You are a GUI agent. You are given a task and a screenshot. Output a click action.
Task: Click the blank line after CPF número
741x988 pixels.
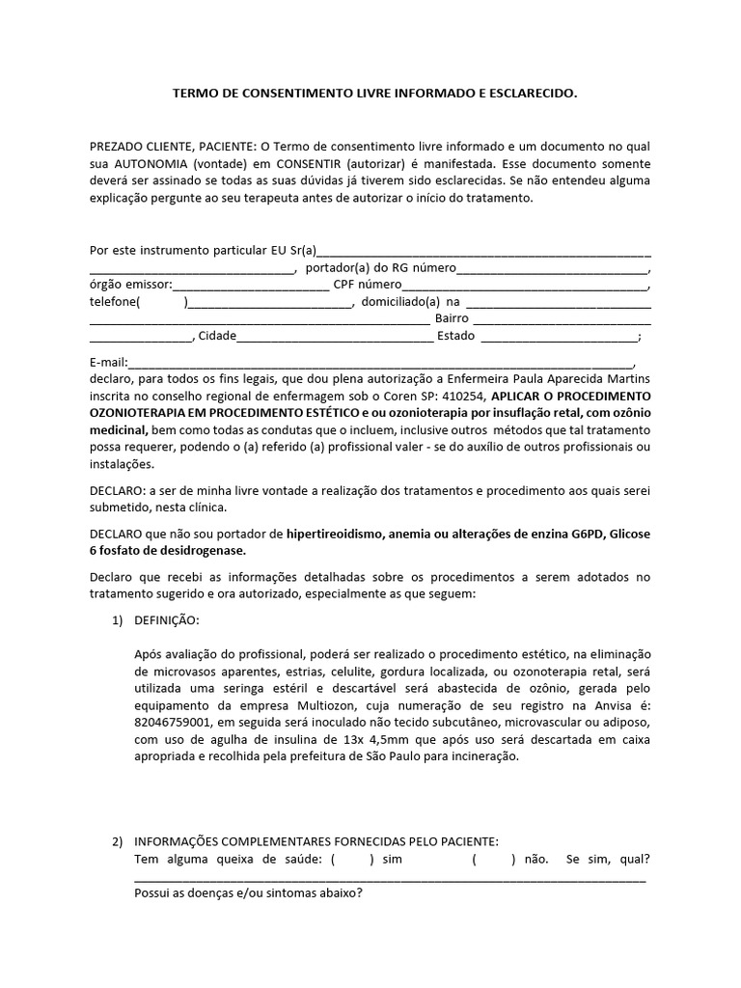pyautogui.click(x=525, y=286)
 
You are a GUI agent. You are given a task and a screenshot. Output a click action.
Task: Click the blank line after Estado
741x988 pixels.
pyautogui.click(x=558, y=337)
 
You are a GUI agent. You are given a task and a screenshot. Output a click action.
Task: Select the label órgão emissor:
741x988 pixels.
pyautogui.click(x=130, y=285)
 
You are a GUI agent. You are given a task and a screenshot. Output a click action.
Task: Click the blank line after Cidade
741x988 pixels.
pyautogui.click(x=335, y=337)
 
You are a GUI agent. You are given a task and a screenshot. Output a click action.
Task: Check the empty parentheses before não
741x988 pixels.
pyautogui.click(x=494, y=859)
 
